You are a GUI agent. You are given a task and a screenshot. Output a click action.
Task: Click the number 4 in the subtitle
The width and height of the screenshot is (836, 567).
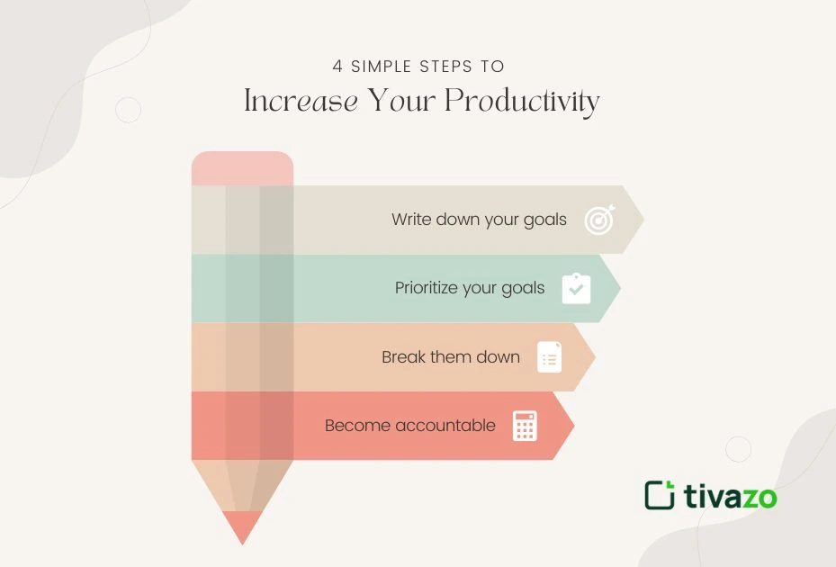[337, 67]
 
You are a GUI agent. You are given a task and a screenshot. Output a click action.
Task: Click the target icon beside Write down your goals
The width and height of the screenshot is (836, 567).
[599, 220]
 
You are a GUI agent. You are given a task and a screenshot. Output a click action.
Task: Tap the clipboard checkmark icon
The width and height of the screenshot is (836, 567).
[576, 289]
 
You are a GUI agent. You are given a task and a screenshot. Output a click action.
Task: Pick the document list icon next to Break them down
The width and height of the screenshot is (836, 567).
[549, 357]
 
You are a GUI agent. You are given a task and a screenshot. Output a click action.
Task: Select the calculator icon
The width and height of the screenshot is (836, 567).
[525, 426]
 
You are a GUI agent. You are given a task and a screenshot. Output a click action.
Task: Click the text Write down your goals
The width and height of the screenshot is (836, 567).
[479, 220]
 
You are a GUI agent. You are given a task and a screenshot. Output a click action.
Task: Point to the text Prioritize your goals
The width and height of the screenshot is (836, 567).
[470, 288]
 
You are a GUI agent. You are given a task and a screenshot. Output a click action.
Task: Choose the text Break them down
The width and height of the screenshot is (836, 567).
[451, 357]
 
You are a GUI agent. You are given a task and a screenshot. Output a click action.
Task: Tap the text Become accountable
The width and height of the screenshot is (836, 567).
[410, 426]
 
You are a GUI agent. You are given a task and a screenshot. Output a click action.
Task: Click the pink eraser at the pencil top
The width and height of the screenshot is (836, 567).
[242, 168]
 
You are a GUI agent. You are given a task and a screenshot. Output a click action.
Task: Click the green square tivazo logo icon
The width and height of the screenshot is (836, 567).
[660, 495]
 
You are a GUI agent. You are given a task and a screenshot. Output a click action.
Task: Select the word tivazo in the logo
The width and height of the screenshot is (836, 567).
[730, 496]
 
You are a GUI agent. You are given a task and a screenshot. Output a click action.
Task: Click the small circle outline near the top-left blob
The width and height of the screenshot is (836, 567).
[129, 110]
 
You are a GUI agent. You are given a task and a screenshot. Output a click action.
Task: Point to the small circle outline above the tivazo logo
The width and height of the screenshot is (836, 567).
[738, 449]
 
